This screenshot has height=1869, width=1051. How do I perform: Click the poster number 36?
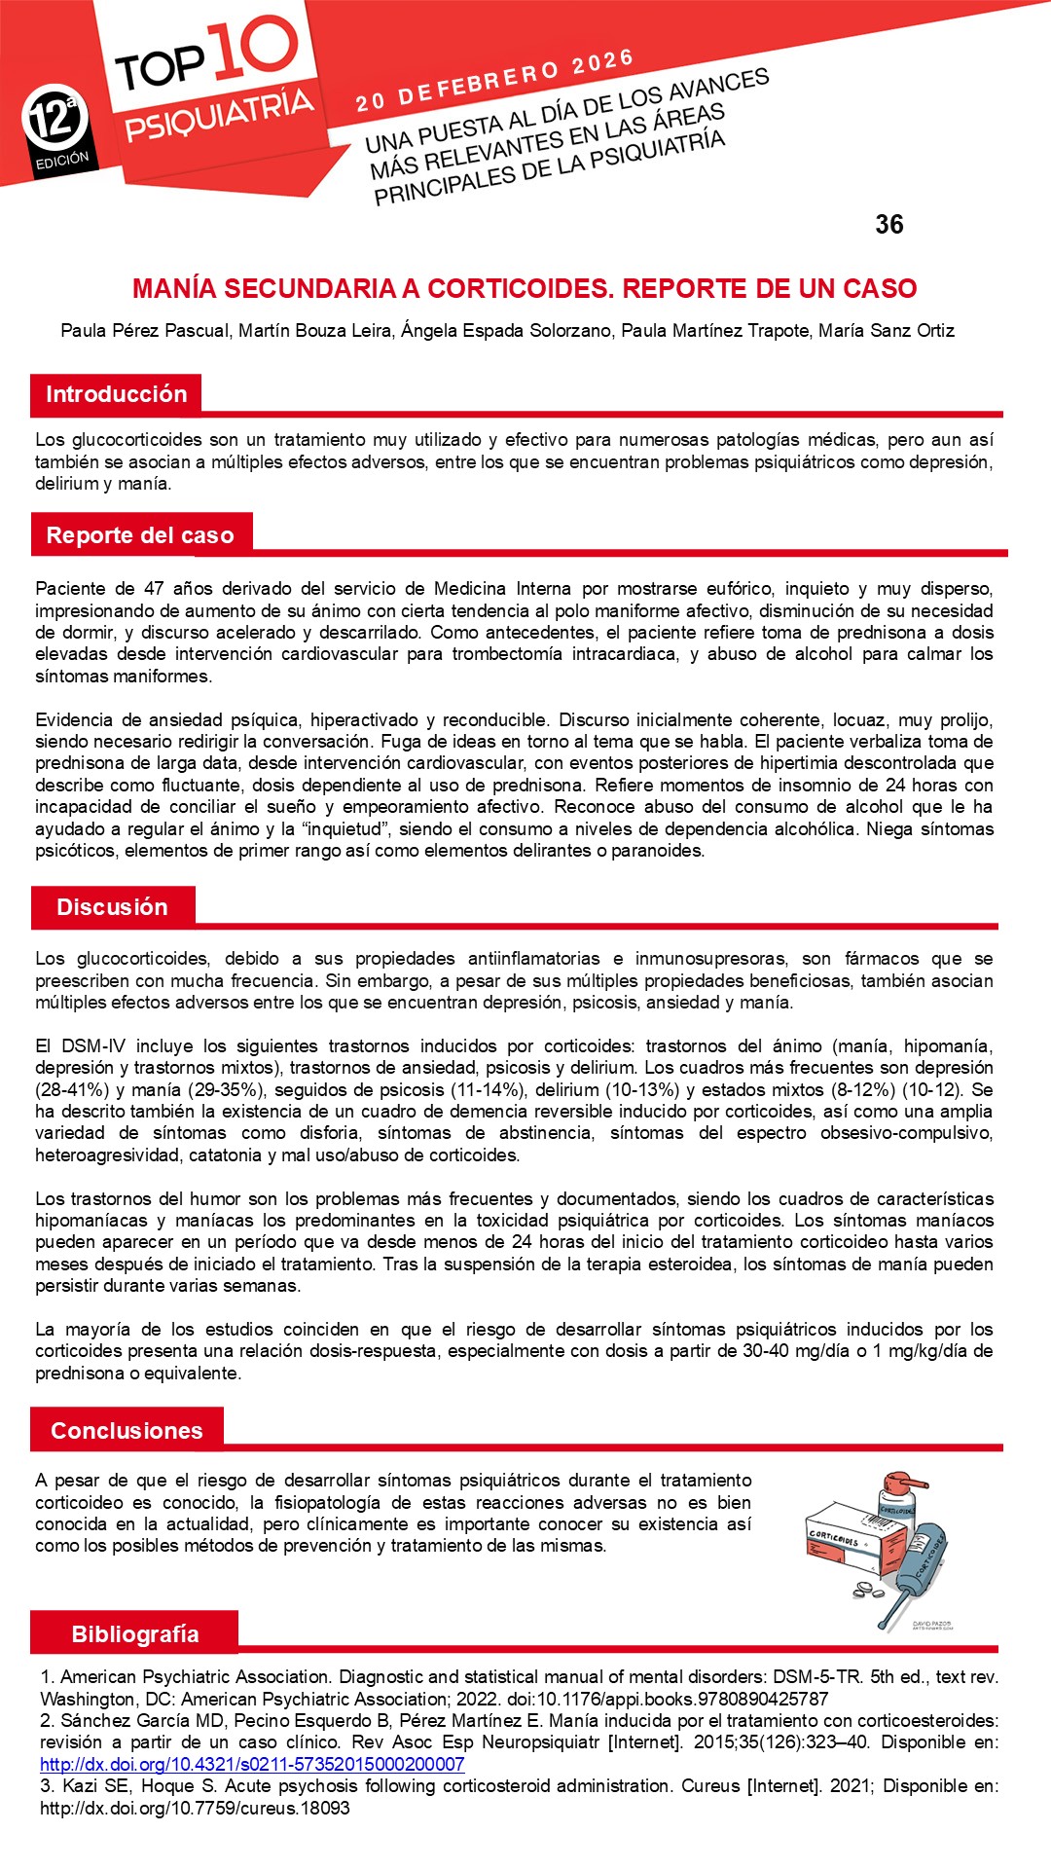889,225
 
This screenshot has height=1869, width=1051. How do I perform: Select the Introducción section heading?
116,394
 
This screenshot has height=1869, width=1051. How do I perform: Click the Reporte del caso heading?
140,535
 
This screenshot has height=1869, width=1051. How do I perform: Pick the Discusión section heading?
112,907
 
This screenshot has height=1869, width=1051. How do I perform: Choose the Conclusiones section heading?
127,1431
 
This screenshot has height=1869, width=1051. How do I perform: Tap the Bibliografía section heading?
134,1634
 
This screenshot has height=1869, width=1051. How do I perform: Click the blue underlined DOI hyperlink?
252,1764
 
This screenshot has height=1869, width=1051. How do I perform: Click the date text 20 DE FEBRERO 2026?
494,81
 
